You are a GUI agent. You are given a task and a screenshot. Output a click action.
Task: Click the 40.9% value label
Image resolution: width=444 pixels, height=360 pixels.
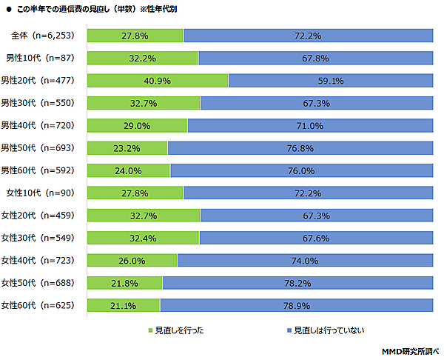click(157, 81)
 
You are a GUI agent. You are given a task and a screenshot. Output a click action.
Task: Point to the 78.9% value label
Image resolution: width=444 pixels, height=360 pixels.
click(296, 305)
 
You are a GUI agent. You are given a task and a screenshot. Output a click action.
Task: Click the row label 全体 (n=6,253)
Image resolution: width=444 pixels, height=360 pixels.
click(43, 36)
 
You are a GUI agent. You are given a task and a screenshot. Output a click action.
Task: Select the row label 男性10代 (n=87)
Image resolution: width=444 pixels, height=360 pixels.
click(41, 59)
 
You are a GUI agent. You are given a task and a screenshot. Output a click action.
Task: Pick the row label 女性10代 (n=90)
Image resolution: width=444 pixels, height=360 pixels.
click(41, 193)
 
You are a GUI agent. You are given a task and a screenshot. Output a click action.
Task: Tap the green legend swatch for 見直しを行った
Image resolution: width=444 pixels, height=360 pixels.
click(150, 330)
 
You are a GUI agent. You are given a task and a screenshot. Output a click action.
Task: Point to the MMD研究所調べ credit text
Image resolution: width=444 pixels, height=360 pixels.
click(409, 350)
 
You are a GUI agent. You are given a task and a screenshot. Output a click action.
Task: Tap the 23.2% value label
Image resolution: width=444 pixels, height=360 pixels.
click(127, 148)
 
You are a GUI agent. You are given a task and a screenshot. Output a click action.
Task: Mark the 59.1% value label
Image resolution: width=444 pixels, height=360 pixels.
click(330, 81)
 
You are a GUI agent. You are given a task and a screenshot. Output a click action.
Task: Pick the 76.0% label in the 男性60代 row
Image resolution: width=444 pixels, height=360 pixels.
click(301, 170)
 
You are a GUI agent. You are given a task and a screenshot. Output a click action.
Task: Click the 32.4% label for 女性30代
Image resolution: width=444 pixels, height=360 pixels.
click(143, 238)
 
